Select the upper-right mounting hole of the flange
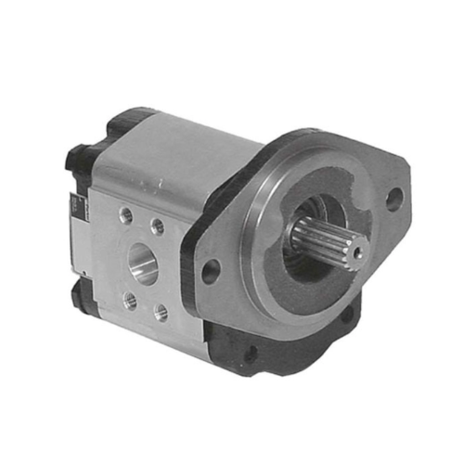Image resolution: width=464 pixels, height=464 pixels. [393, 198]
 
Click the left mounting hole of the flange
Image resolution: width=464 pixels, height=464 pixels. [211, 271]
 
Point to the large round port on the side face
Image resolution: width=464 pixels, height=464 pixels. [145, 263]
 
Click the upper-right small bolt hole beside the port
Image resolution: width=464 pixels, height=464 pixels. [158, 226]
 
